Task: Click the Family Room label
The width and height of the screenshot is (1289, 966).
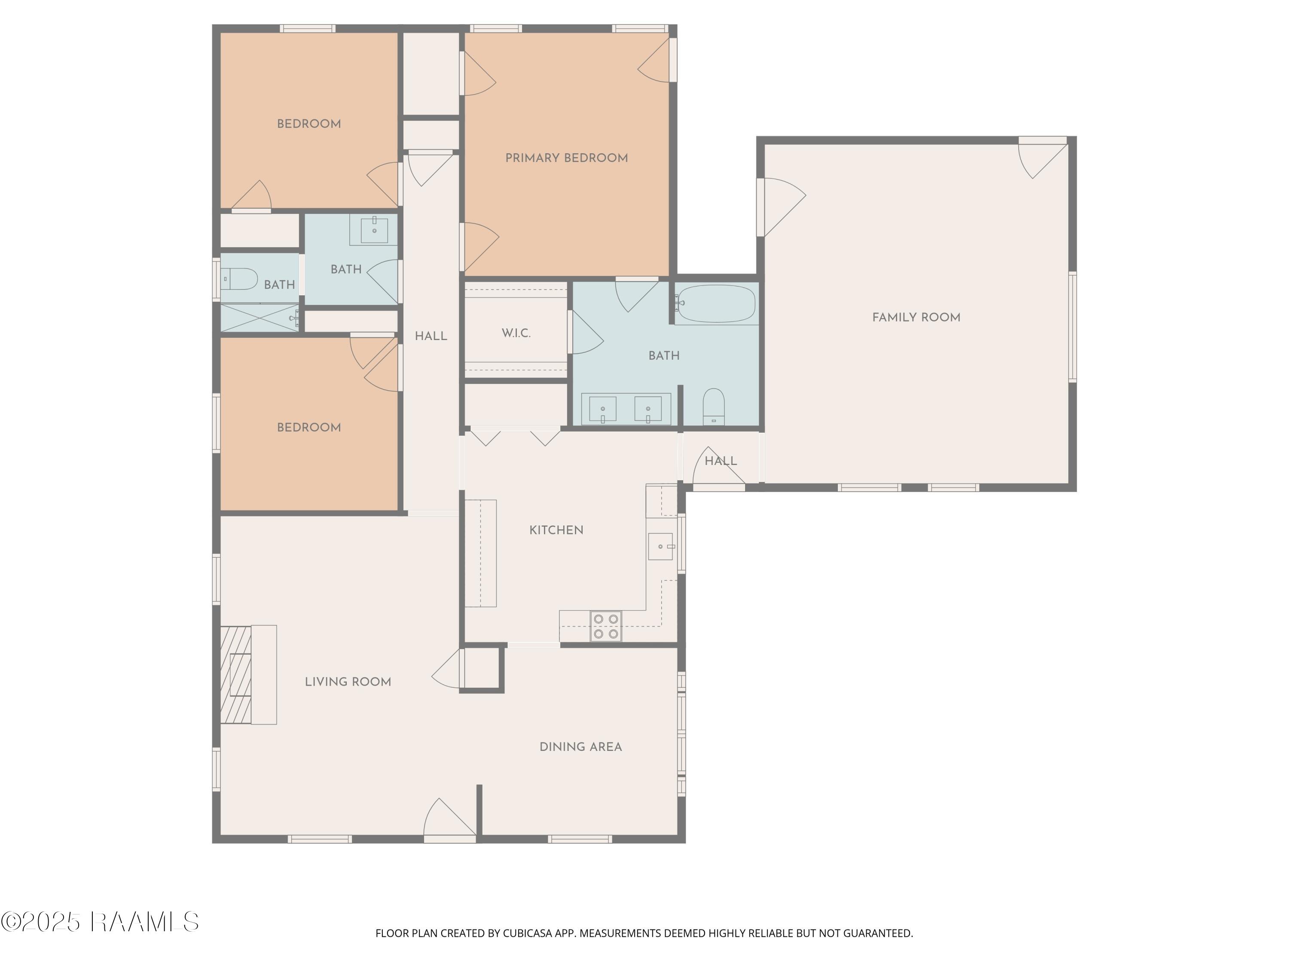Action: [916, 317]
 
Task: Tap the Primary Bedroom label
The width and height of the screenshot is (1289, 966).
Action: [566, 158]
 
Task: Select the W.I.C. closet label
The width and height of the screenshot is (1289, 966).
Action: [516, 333]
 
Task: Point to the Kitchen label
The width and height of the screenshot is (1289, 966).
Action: [556, 530]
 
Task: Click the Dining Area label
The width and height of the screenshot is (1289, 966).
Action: [580, 747]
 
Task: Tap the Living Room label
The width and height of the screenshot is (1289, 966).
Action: [348, 681]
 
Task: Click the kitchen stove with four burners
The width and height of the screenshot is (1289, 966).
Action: [605, 626]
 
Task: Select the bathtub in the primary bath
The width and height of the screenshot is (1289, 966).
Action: [717, 304]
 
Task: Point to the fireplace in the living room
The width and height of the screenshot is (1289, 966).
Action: [248, 674]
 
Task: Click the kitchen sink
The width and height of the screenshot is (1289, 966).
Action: [661, 546]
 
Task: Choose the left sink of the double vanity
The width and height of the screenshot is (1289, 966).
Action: [602, 409]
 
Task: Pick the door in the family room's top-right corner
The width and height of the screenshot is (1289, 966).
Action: [1042, 159]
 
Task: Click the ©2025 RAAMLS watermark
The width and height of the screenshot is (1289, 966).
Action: [100, 922]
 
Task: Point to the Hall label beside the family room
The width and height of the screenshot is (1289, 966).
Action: [721, 461]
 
